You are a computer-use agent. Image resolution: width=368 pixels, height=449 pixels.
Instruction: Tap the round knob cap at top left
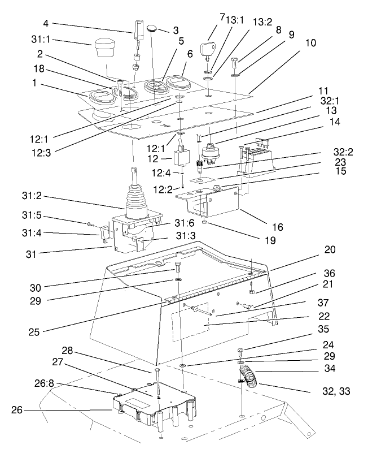pos(104,48)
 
